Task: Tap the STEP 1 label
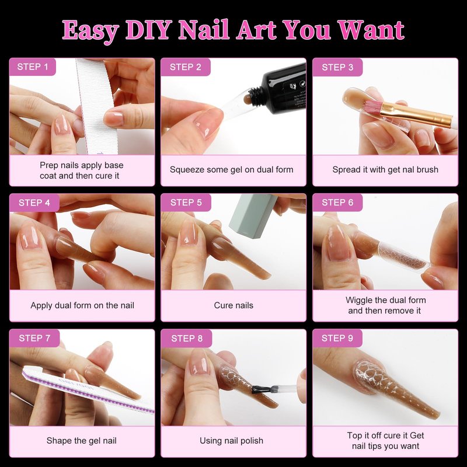[33, 67]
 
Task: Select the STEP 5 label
[186, 203]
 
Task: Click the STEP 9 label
[337, 338]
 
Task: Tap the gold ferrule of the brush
[417, 114]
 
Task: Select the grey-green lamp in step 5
[253, 215]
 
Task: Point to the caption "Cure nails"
[233, 305]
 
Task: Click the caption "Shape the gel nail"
[81, 441]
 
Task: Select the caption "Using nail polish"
[231, 441]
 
